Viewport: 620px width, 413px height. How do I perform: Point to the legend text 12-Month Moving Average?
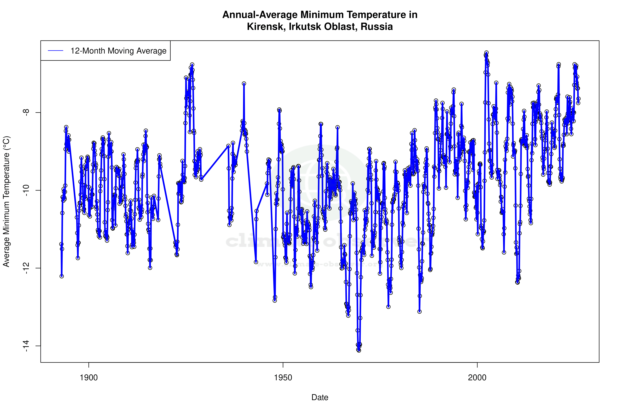(x=118, y=51)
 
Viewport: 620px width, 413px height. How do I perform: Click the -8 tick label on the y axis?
(x=26, y=113)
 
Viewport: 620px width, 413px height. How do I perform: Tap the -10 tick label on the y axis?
(x=26, y=190)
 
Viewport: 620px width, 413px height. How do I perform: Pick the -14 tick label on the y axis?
(x=26, y=346)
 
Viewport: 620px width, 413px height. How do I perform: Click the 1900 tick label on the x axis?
(x=89, y=378)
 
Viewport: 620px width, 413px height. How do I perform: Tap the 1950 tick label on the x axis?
(x=283, y=378)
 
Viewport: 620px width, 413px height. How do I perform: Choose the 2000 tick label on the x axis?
(x=477, y=378)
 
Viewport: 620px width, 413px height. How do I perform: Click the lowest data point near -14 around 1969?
(x=359, y=351)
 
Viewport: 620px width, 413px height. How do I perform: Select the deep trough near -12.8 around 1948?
(x=275, y=300)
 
